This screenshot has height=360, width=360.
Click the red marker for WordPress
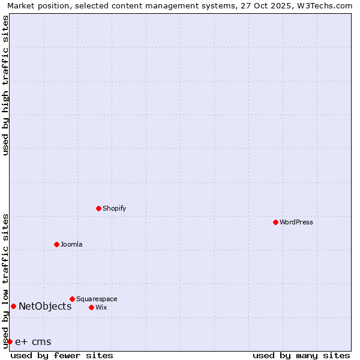pyautogui.click(x=275, y=222)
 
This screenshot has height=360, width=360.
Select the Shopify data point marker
pyautogui.click(x=98, y=208)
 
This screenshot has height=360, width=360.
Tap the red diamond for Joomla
pyautogui.click(x=56, y=244)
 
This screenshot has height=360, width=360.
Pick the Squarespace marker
pyautogui.click(x=72, y=299)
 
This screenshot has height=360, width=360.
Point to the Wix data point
pyautogui.click(x=91, y=307)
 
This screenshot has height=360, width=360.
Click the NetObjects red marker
pyautogui.click(x=13, y=306)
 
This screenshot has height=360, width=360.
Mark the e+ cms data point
pyautogui.click(x=10, y=341)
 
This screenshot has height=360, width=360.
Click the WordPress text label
pyautogui.click(x=296, y=222)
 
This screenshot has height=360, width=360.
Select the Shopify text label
pyautogui.click(x=114, y=208)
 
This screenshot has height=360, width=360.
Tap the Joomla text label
pyautogui.click(x=71, y=244)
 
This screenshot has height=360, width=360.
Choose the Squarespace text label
pyautogui.click(x=97, y=299)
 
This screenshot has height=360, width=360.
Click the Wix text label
pyautogui.click(x=101, y=307)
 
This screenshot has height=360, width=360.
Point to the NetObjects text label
pyautogui.click(x=45, y=306)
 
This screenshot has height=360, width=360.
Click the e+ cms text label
pyautogui.click(x=33, y=342)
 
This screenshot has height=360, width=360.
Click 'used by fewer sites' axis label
pyautogui.click(x=62, y=355)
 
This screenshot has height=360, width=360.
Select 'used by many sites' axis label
pyautogui.click(x=301, y=355)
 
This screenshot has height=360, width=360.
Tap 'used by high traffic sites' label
pyautogui.click(x=5, y=85)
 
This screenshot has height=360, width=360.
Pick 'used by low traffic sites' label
pyautogui.click(x=5, y=280)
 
